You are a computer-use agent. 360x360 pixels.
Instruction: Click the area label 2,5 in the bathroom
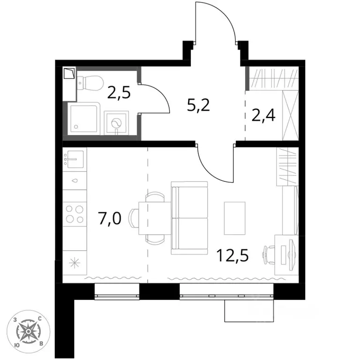tap(119, 93)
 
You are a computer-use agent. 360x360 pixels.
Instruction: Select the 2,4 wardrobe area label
tap(263, 116)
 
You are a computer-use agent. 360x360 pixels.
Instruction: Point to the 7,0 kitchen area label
tap(110, 218)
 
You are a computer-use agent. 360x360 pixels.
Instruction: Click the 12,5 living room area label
tap(232, 256)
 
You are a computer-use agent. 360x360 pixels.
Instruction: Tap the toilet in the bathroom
tap(90, 83)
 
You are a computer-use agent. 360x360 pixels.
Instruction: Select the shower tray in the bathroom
tap(84, 119)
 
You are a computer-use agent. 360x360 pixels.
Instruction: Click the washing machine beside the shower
tap(116, 123)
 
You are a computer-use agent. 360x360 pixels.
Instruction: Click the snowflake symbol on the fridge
tap(75, 263)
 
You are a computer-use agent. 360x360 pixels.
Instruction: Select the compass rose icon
tap(28, 331)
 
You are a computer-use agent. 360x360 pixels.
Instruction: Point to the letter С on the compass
tap(39, 318)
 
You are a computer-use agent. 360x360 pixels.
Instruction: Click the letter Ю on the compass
tap(16, 345)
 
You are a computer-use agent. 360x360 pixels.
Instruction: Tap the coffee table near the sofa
tap(235, 218)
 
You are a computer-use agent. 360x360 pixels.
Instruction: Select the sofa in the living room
tap(189, 218)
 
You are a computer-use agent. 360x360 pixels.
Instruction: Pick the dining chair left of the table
tap(134, 218)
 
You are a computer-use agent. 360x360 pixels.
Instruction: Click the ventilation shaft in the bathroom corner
tap(69, 84)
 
